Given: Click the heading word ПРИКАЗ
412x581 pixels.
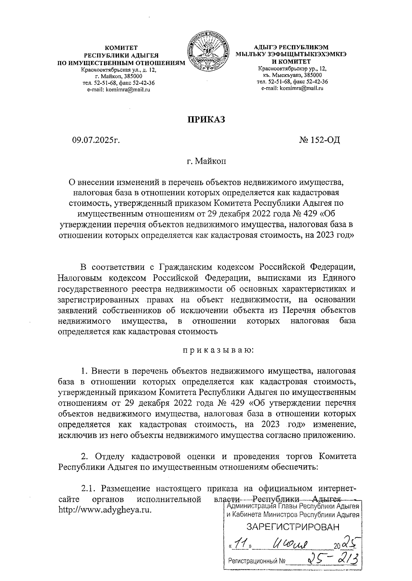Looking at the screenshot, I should coord(206,119).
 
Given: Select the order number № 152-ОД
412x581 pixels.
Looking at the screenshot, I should coord(319,140).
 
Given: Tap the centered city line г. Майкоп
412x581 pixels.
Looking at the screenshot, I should coord(206,161).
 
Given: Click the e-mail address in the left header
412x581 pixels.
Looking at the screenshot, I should coord(118,90).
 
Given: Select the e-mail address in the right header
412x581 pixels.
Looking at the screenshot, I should coord(292,88).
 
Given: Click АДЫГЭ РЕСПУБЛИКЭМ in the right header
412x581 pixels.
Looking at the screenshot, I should coord(291,47).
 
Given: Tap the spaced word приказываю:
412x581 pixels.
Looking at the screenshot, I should coord(218,351).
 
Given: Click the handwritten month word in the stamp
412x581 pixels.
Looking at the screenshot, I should coord(290,543).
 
